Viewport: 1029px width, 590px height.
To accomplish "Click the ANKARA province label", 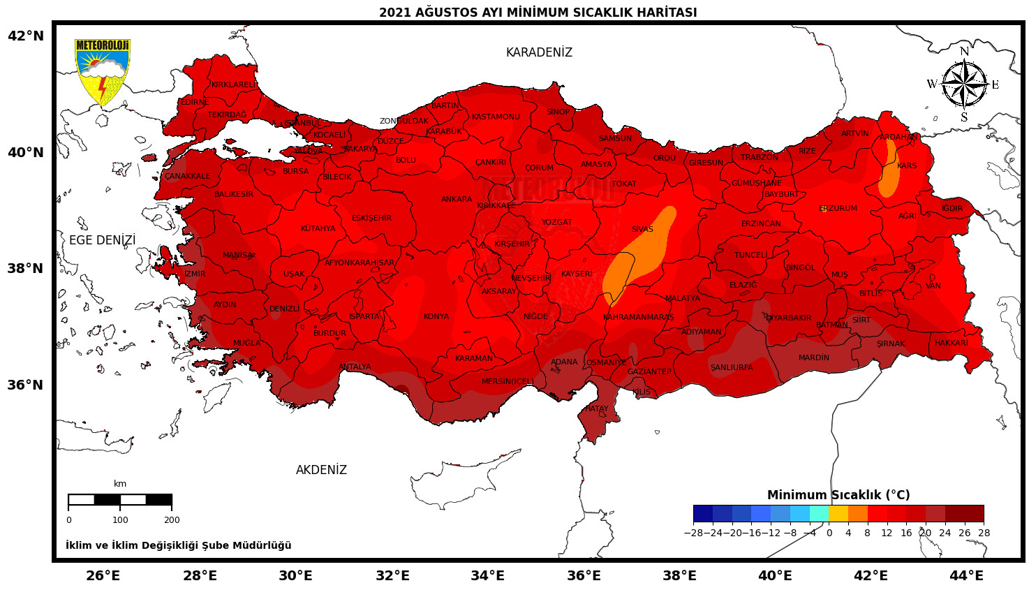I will tap(457, 200).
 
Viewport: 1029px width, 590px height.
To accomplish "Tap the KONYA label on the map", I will tap(436, 317).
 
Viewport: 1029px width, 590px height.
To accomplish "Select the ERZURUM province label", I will tap(838, 209).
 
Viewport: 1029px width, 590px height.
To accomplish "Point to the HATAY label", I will tap(597, 409).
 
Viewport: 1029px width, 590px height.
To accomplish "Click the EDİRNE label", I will tap(195, 103).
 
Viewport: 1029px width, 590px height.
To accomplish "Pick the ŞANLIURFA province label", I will tap(732, 368).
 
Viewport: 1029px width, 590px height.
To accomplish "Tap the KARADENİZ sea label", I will tap(539, 53).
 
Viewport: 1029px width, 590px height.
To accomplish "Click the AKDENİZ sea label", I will tap(321, 471).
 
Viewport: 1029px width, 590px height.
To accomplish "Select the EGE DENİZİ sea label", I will tap(103, 241).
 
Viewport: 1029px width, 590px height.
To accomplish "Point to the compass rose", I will tap(964, 84).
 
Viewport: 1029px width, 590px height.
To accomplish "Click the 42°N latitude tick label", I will tap(26, 36).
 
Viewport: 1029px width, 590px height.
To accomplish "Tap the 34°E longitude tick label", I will tap(487, 576).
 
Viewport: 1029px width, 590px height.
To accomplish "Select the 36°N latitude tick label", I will tap(26, 385).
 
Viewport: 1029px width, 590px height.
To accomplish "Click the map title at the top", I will tap(538, 13).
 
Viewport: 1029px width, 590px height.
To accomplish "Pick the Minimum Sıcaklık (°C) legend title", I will tap(838, 495).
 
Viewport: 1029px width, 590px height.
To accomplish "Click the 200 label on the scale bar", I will tap(172, 520).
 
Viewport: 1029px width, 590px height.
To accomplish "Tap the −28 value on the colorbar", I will tap(693, 533).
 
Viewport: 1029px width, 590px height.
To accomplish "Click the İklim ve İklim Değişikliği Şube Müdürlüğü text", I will tap(179, 546).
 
